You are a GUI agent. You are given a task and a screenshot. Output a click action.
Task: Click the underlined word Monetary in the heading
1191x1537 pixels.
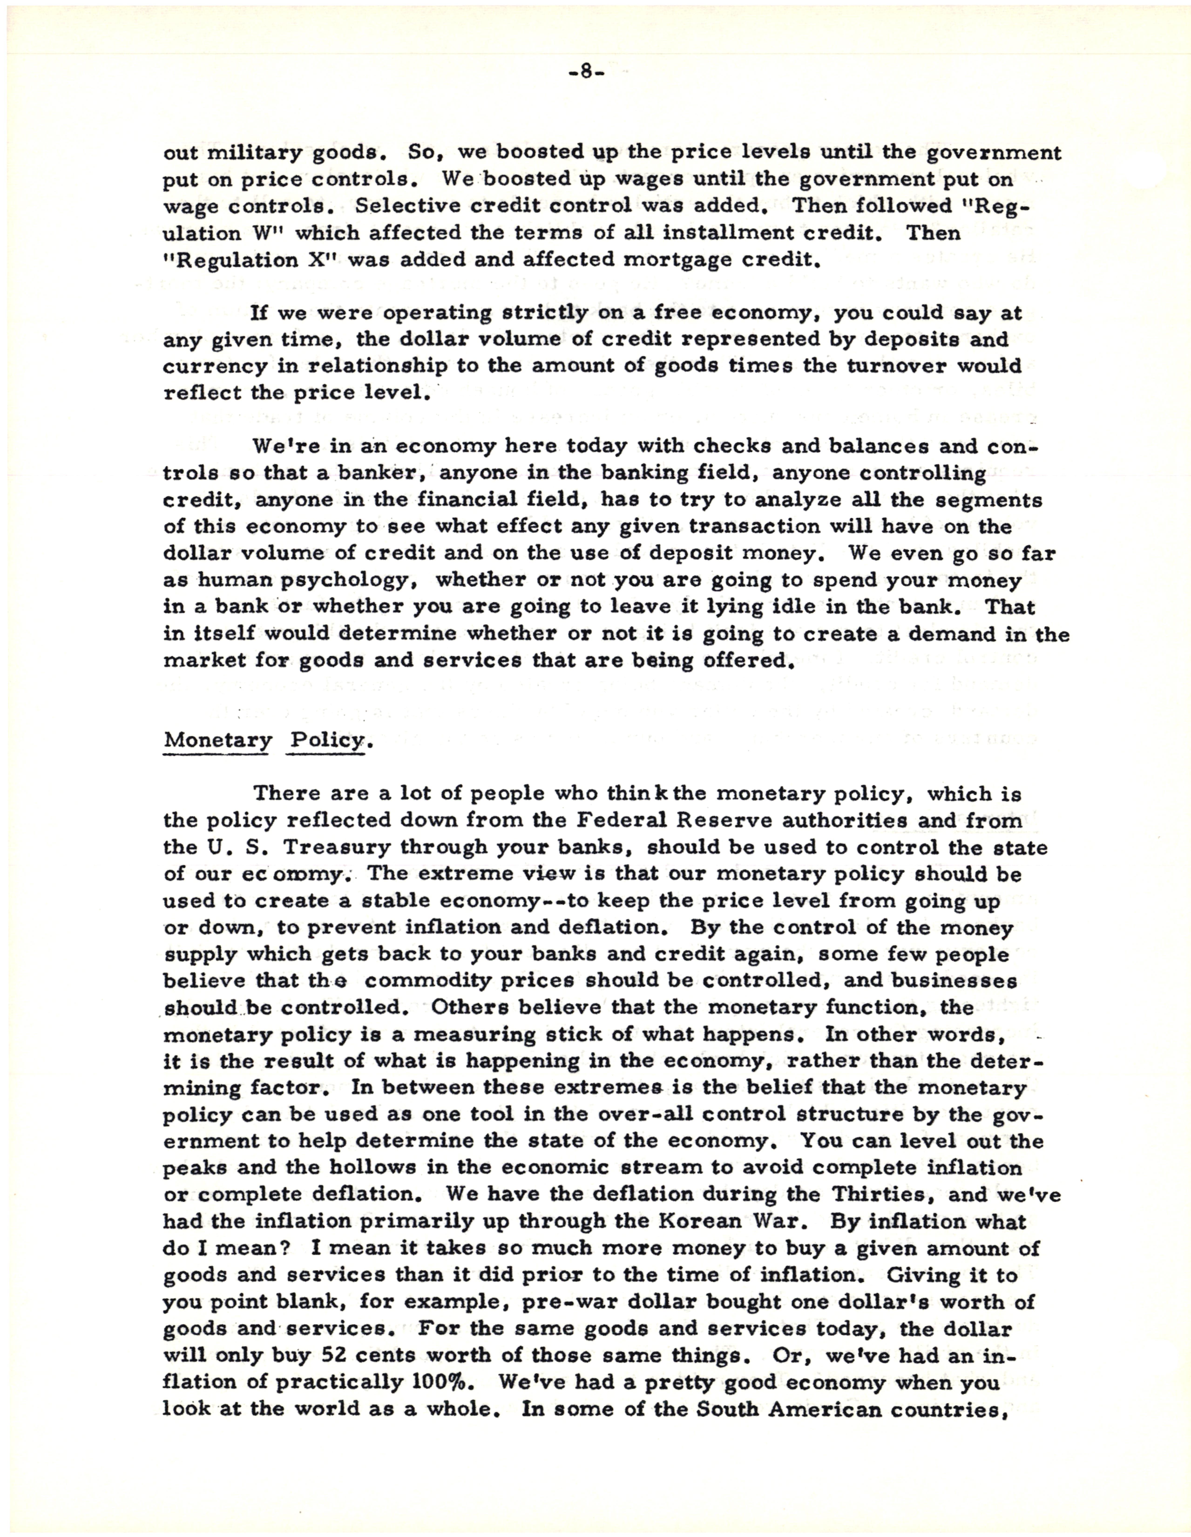coord(217,740)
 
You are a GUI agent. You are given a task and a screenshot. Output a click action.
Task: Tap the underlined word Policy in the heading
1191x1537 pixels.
coord(325,740)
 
